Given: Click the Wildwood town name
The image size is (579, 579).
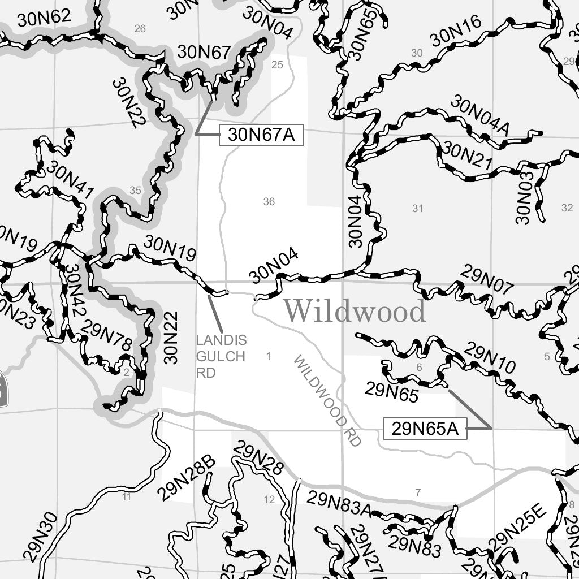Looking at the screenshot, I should [354, 311].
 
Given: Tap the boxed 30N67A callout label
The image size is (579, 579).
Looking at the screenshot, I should [261, 135].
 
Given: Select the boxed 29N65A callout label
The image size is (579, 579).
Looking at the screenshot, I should [425, 429].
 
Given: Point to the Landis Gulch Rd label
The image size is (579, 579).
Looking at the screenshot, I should [221, 357].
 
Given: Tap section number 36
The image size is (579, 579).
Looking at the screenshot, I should [269, 202].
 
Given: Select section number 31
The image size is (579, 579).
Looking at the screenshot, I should [417, 209].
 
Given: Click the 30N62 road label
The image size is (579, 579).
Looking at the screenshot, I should [44, 18].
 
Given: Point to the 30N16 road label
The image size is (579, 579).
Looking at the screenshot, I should [455, 32].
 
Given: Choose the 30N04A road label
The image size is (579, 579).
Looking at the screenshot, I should [480, 116].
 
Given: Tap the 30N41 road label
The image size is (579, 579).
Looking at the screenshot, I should [70, 180].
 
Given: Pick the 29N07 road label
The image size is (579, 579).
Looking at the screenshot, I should [487, 280].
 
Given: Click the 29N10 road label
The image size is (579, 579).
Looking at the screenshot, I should [490, 358].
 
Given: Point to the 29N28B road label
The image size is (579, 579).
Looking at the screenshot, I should [187, 478].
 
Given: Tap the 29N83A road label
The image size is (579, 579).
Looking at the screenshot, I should [339, 505].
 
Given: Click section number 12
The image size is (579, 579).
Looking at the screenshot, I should [269, 499].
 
